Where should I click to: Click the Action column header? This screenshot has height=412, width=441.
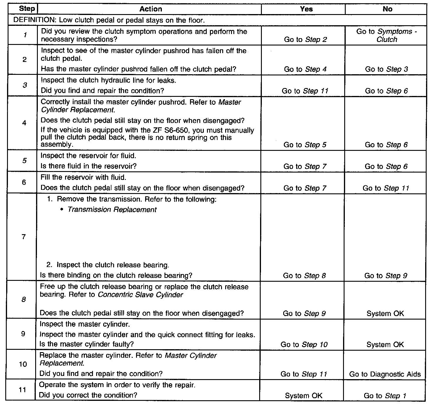tap(151, 9)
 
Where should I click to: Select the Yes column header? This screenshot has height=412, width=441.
tap(306, 9)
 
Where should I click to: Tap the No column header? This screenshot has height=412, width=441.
tap(387, 9)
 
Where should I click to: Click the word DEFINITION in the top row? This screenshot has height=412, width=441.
tap(35, 20)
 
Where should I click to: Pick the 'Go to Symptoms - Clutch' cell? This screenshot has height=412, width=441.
tap(386, 36)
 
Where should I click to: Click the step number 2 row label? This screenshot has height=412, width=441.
tap(25, 60)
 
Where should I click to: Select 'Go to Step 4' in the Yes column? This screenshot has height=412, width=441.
tap(305, 69)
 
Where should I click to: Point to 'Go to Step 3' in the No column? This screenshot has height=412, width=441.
tap(386, 69)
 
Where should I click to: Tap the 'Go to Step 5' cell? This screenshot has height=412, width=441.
tap(305, 145)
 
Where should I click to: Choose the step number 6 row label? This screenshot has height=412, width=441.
tap(24, 182)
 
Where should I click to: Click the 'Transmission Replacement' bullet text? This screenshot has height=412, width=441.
tap(112, 210)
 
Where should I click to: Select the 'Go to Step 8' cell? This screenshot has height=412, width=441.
tap(304, 276)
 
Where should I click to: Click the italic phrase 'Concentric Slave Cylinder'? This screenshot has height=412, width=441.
tap(140, 295)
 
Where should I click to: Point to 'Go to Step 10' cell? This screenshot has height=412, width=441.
tap(304, 345)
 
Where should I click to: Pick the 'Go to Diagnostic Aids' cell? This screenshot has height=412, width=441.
tap(385, 374)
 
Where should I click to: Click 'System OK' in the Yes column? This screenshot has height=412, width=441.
tap(303, 396)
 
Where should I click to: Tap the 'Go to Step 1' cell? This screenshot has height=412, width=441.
tap(385, 396)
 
